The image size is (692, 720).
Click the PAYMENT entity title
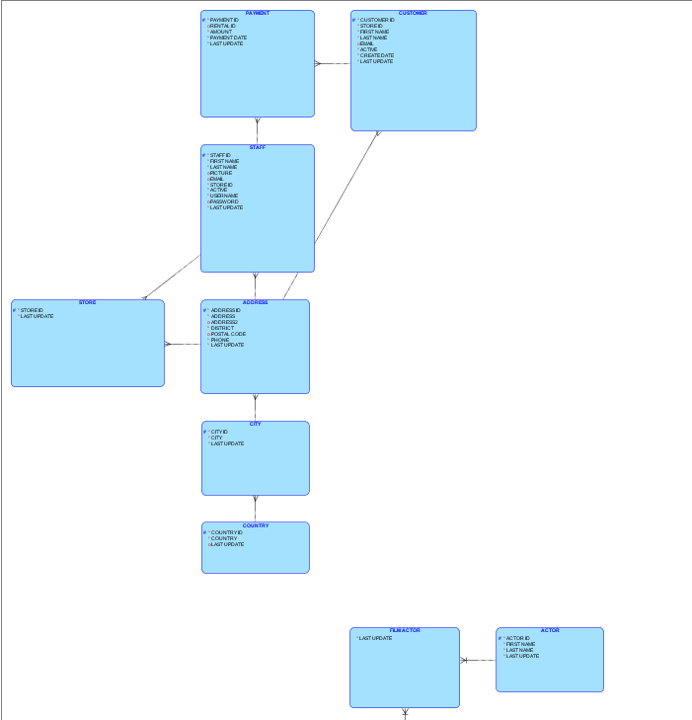point(257,14)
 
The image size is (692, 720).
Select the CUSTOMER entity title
point(413,14)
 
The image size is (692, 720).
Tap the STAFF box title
point(257,147)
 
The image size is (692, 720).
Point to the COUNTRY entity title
point(255,525)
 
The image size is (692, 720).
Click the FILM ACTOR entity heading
point(405,630)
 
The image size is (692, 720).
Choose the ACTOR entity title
point(549,630)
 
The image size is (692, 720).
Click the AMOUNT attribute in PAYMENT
point(221,32)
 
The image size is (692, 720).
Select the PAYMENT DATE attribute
point(228,38)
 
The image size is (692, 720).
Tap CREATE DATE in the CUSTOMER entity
point(377,55)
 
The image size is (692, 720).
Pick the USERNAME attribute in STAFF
point(224,196)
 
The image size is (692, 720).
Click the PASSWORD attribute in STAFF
point(224,201)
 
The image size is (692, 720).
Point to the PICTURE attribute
point(221,173)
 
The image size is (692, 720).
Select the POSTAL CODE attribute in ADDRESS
point(228,334)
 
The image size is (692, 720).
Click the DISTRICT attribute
point(222,328)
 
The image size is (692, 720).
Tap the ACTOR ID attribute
point(518,638)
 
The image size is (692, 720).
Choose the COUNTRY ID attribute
point(227,532)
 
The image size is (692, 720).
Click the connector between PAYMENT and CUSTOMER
point(333,63)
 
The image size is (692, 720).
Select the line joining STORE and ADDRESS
point(183,344)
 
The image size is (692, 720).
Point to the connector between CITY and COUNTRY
point(255,509)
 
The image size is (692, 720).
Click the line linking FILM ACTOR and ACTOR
point(478,660)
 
